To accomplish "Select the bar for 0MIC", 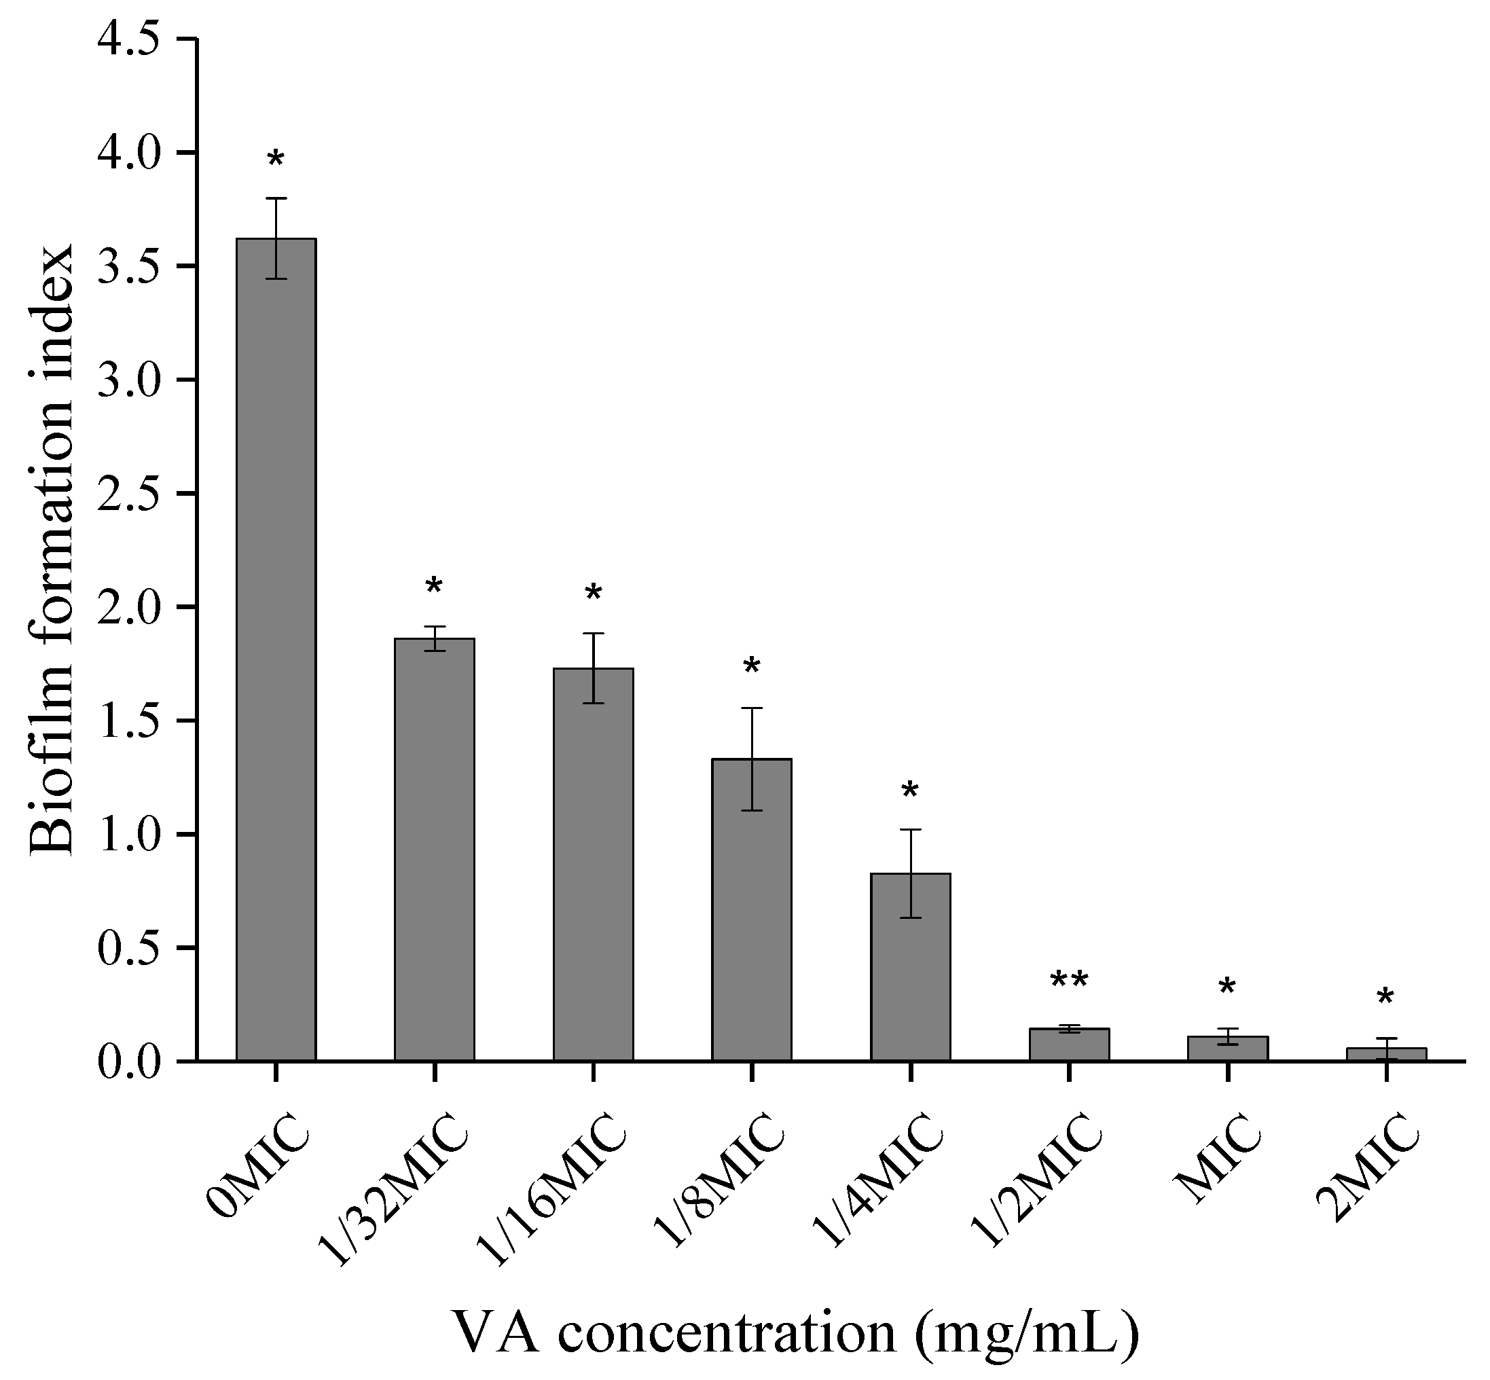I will coord(276,650).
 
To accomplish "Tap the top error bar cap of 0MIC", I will coord(276,198).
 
